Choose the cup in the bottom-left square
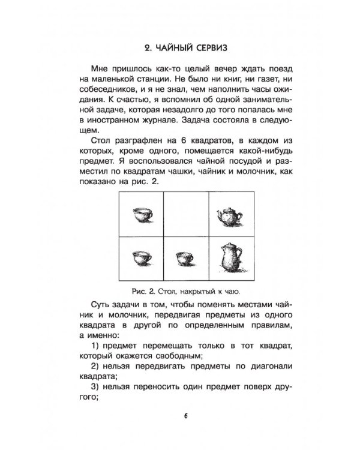(140, 259)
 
